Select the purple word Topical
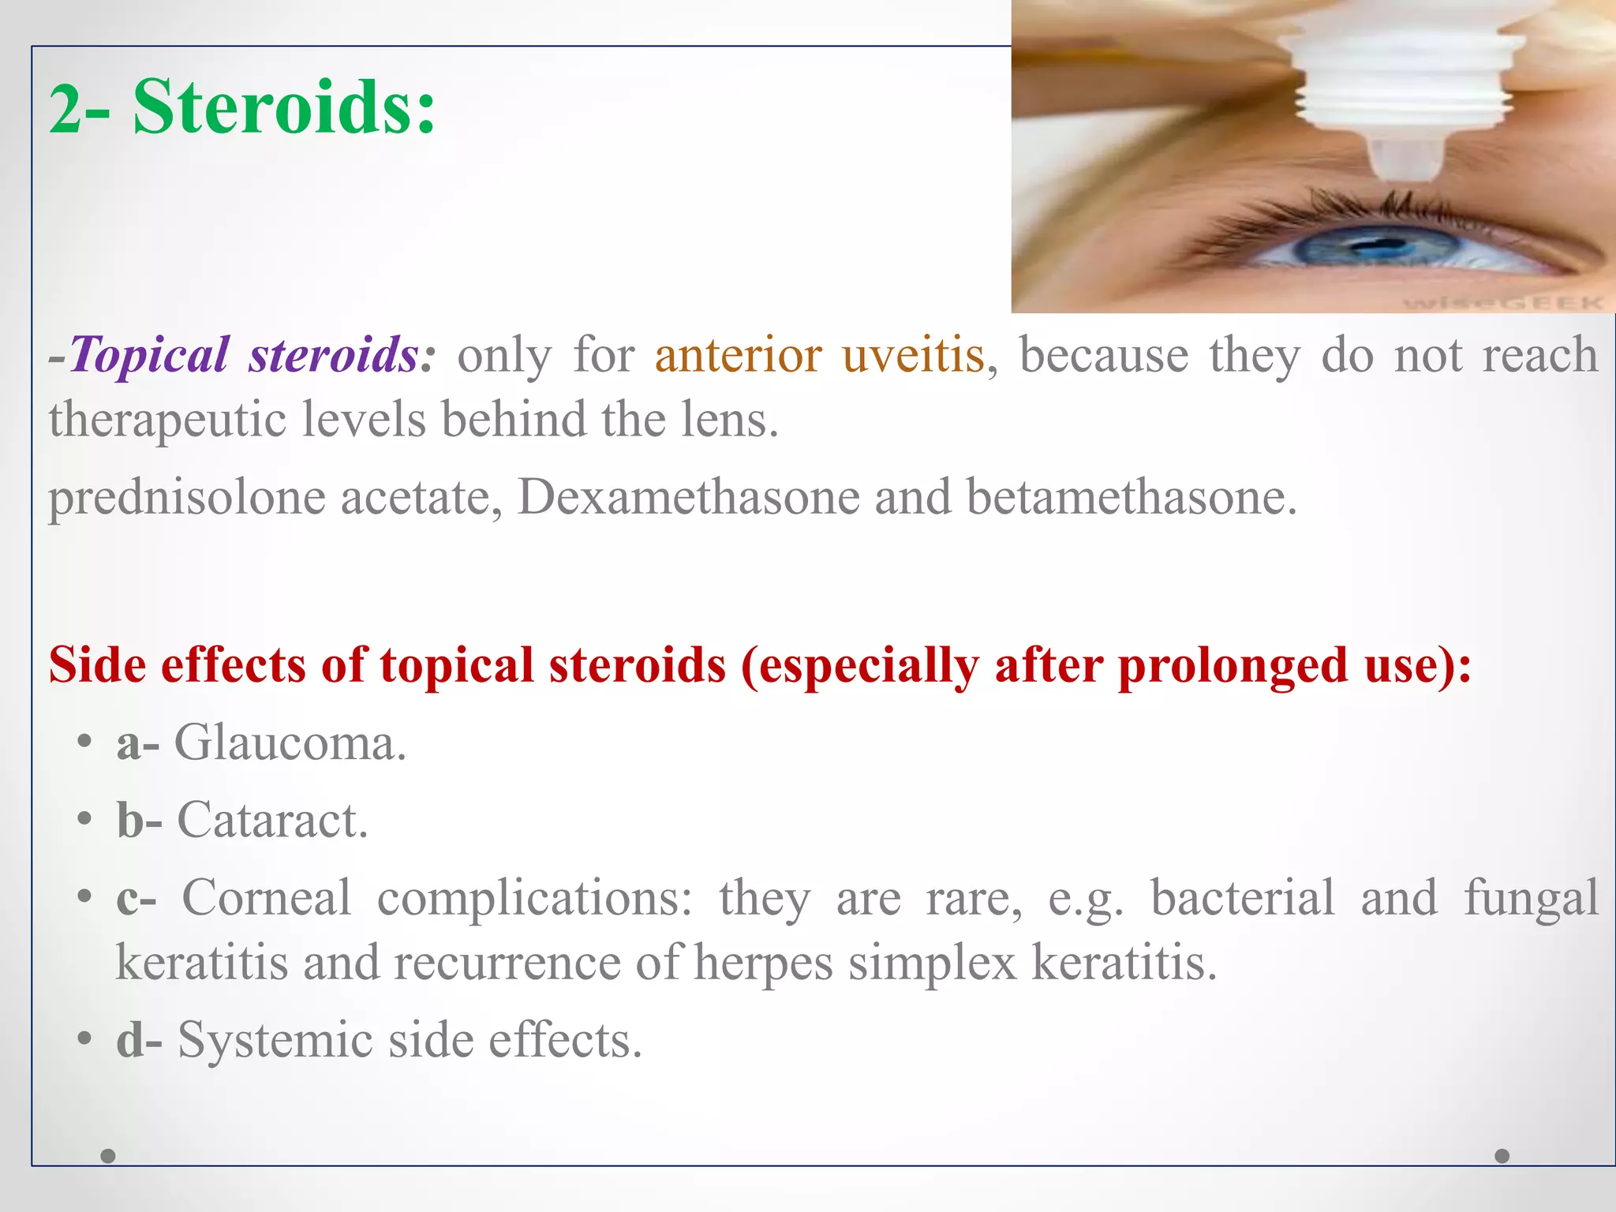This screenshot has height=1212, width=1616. [x=150, y=354]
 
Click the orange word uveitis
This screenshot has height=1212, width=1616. [x=913, y=354]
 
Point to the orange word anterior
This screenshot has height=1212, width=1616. [x=738, y=354]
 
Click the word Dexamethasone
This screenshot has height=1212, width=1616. [x=688, y=497]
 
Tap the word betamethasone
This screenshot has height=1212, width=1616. [x=1131, y=497]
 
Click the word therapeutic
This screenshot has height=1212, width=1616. [x=166, y=419]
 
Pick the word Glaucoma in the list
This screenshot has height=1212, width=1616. [x=290, y=743]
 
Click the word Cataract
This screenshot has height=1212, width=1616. [x=272, y=820]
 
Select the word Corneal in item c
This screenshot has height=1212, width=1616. [x=267, y=898]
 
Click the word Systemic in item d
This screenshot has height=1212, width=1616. [x=275, y=1040]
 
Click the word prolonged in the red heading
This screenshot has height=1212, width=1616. [x=1232, y=665]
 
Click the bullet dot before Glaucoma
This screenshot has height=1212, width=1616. [x=85, y=743]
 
